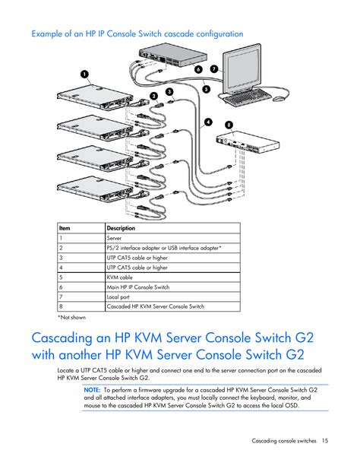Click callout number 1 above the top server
85,74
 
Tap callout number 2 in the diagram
154,96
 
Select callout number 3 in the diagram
169,91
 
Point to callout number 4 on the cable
208,122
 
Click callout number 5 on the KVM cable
206,89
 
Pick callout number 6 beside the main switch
198,69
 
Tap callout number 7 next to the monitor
214,69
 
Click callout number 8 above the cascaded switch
229,125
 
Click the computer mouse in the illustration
279,99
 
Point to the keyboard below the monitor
247,97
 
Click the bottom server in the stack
95,188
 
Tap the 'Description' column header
121,228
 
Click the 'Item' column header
65,228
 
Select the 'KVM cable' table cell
120,277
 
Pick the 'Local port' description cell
118,297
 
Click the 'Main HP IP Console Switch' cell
138,287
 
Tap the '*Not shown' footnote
71,318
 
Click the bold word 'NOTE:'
92,390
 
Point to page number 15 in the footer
325,440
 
